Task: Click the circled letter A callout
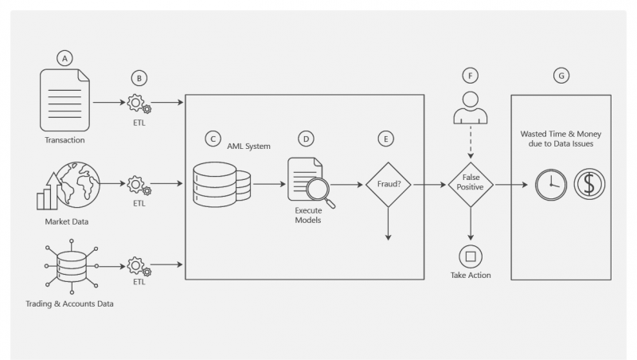(64, 58)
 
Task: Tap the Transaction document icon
(65, 100)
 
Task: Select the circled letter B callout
(139, 77)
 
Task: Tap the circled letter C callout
(212, 139)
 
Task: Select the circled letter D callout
(306, 139)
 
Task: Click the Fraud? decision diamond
(386, 185)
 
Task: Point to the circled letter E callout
(386, 139)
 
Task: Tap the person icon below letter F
(470, 108)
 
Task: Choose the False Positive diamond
(470, 185)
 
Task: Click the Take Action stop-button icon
(470, 256)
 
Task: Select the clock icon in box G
(549, 184)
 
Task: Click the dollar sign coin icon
(589, 184)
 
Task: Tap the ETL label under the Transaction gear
(139, 124)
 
